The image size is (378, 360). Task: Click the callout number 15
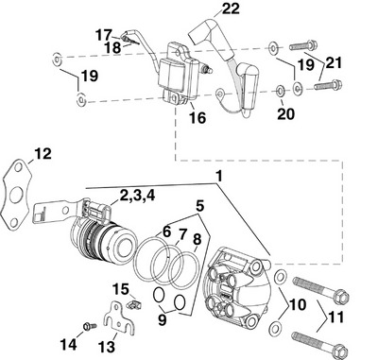pos(120,288)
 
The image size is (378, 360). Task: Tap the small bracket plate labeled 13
pos(113,317)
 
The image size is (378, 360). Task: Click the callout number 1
pos(219,176)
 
